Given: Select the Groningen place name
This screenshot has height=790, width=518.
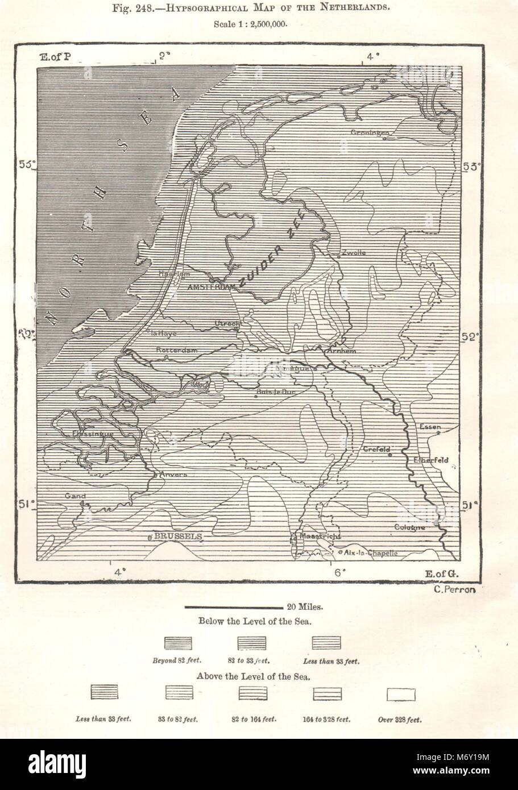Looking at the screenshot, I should coord(370,133).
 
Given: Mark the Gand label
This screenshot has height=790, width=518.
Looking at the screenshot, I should coord(74,496).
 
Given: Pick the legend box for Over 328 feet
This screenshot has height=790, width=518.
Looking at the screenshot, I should coord(400,693).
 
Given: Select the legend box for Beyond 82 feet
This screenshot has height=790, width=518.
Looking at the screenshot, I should coord(178,643).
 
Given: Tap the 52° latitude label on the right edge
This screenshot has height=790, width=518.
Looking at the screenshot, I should coord(471,337).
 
